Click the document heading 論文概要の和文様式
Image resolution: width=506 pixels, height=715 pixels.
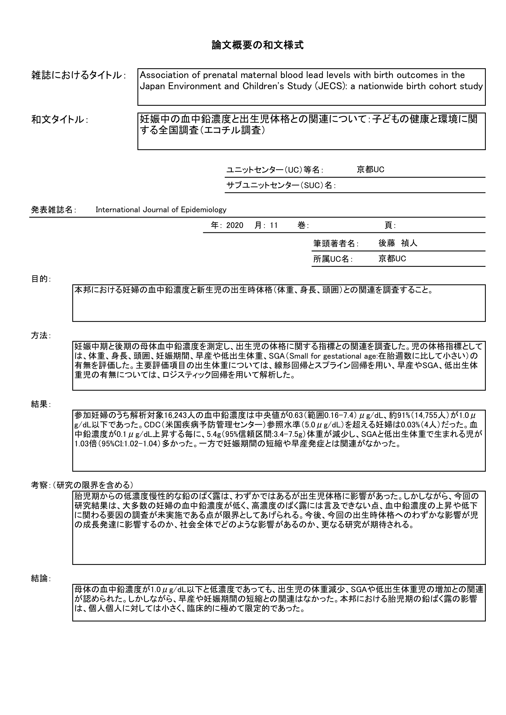click(257, 46)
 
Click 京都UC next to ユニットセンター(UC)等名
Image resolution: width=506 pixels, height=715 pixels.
click(370, 170)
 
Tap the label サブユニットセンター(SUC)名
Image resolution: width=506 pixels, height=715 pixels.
click(281, 185)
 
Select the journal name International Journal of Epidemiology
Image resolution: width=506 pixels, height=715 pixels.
click(161, 210)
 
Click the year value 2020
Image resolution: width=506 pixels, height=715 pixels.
click(235, 226)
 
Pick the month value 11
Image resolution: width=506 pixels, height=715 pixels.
click(273, 226)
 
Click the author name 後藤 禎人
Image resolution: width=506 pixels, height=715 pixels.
click(398, 243)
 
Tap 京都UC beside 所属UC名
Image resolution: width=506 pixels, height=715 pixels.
click(392, 259)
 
